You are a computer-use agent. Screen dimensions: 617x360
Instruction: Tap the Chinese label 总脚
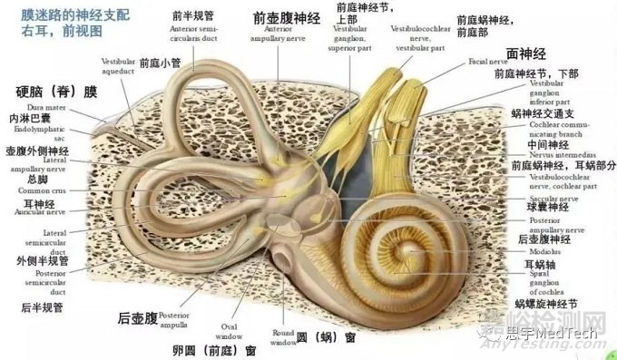[26, 180]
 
